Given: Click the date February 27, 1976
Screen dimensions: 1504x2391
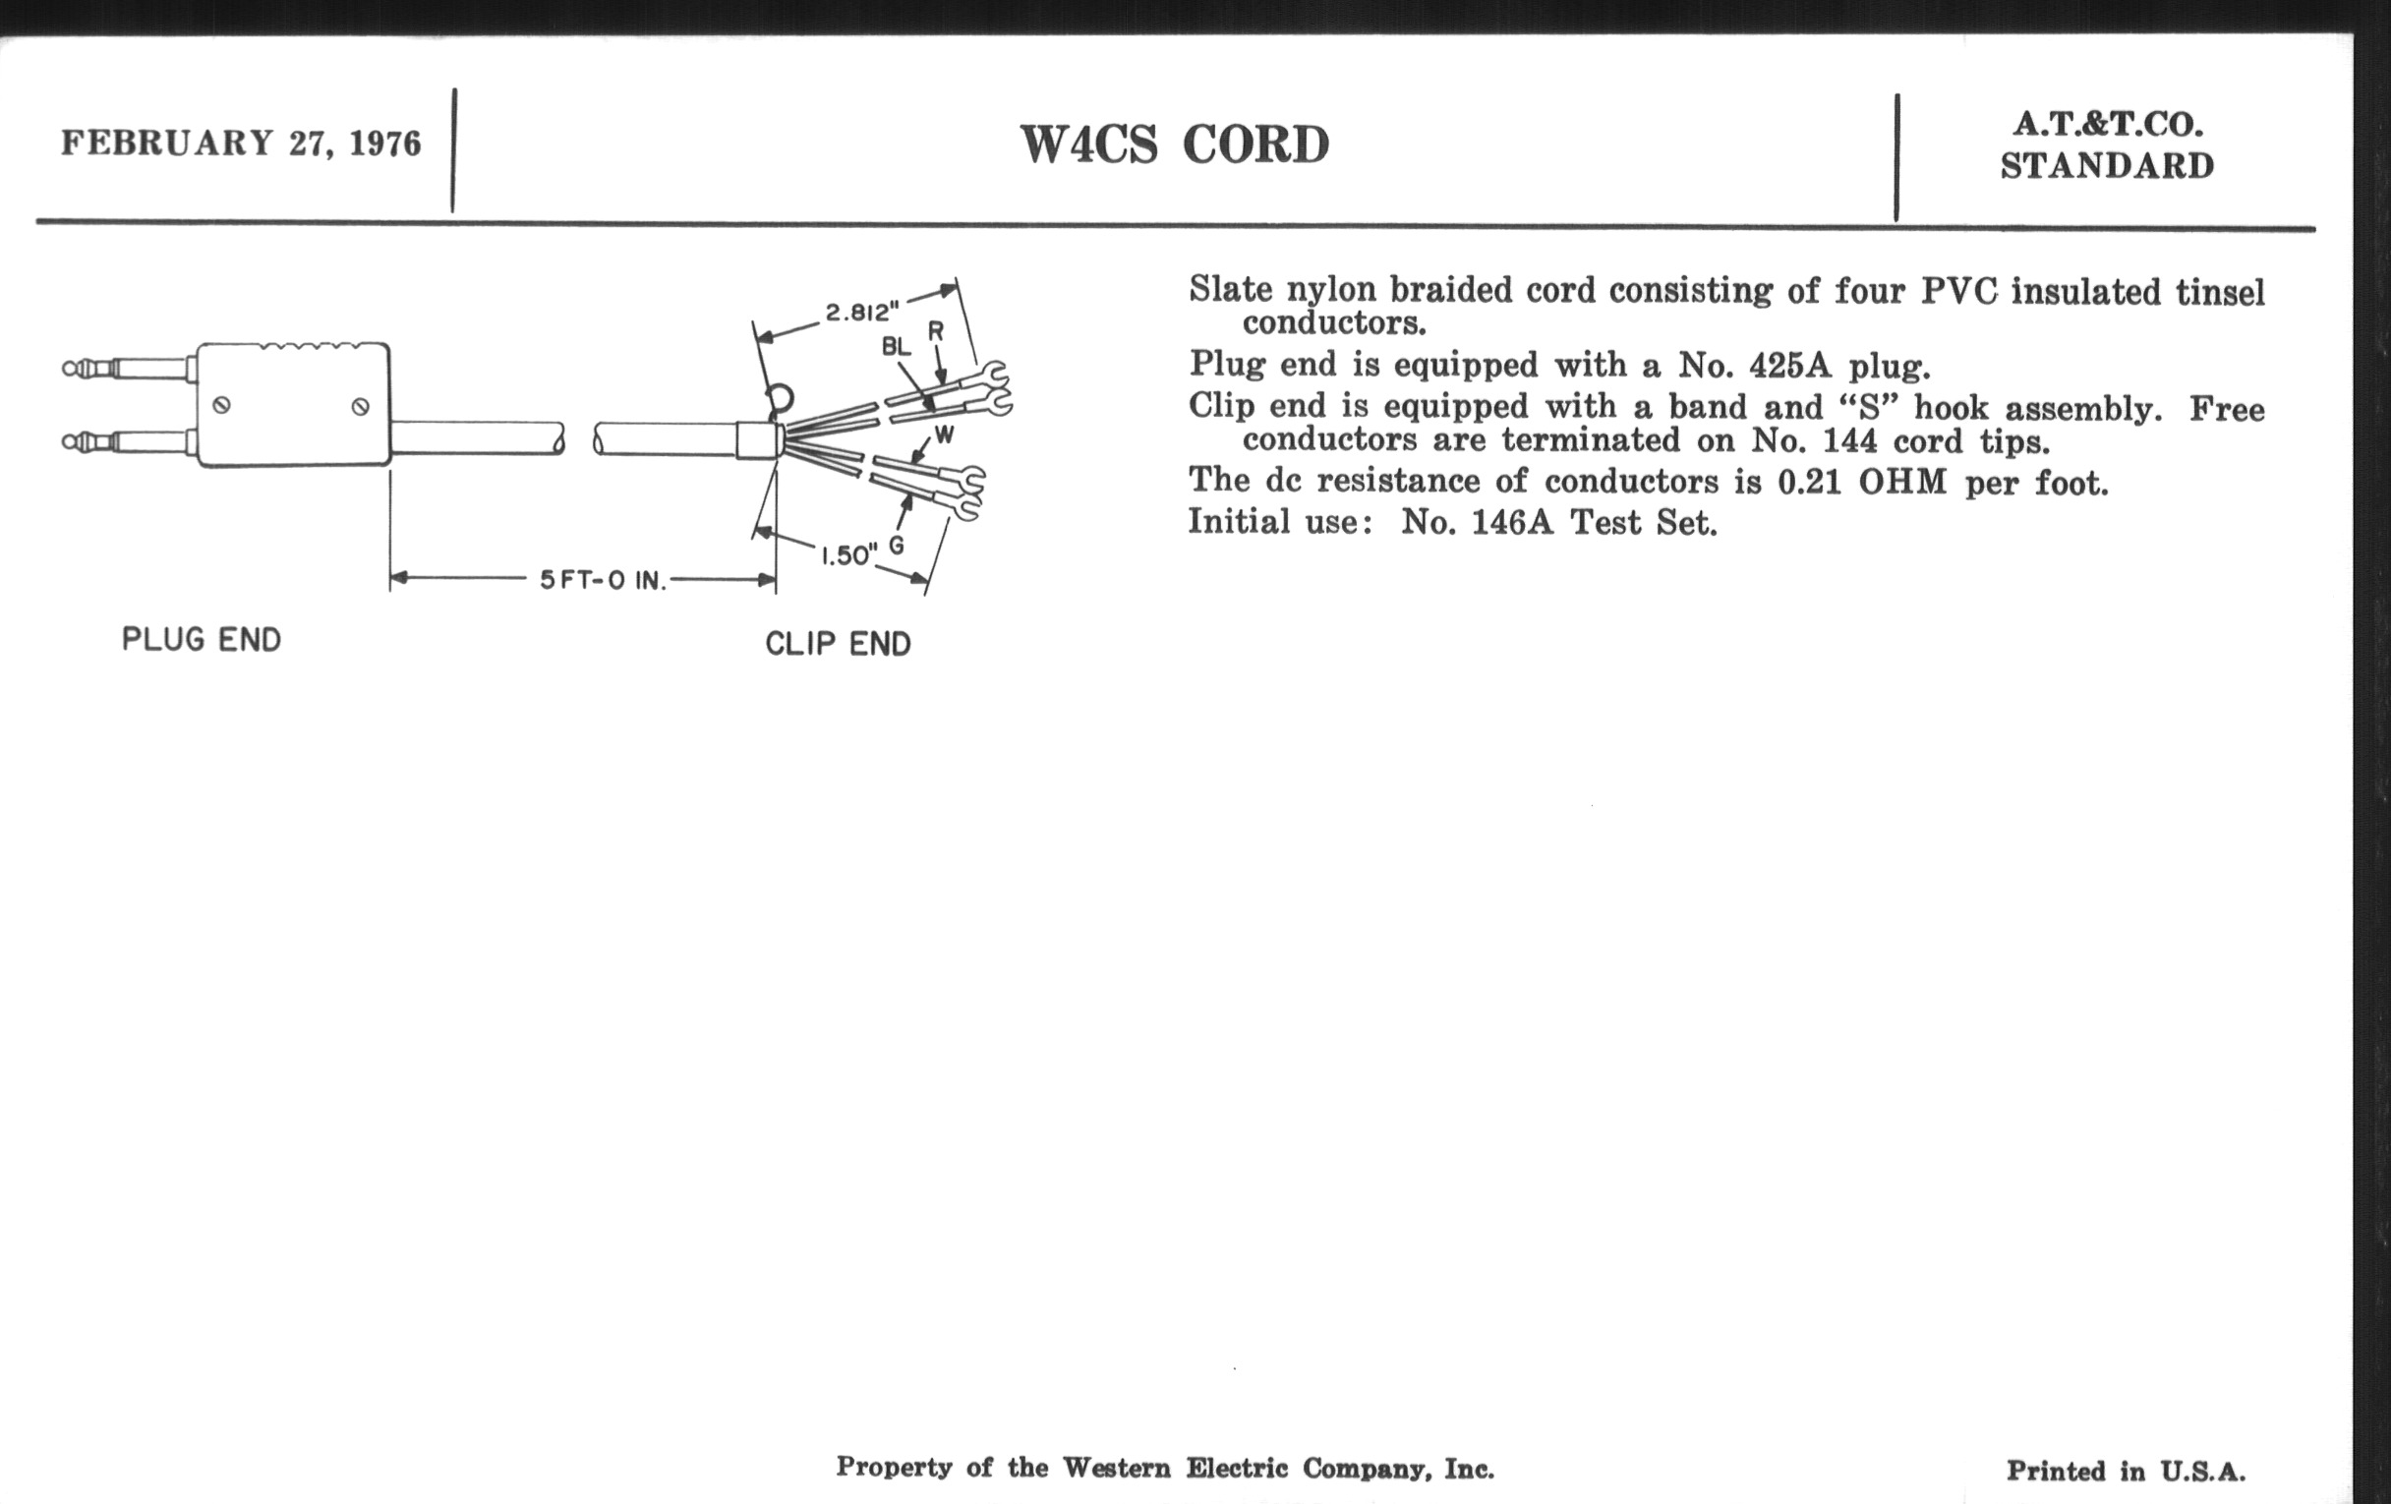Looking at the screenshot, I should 240,143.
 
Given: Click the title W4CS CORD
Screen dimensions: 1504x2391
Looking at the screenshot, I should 1174,145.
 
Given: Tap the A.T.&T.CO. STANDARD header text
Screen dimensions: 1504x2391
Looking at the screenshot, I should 2107,145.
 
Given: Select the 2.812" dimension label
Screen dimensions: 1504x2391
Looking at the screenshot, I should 861,313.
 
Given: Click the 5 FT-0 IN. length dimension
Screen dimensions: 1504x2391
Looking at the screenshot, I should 603,581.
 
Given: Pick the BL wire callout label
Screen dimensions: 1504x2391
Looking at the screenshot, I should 896,347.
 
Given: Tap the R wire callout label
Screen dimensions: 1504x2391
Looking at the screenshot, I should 935,331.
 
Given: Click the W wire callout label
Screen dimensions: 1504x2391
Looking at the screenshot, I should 944,434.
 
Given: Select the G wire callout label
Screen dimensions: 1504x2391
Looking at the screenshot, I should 896,545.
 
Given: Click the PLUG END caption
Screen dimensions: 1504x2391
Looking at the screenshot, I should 202,639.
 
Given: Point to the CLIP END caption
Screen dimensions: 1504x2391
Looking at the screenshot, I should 838,644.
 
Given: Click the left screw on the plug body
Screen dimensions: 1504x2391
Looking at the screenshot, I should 222,405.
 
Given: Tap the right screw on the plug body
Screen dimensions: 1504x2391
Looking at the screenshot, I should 362,406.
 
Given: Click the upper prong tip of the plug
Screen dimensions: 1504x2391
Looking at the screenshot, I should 72,370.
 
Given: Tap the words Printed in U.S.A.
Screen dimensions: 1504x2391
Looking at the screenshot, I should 2125,1471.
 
